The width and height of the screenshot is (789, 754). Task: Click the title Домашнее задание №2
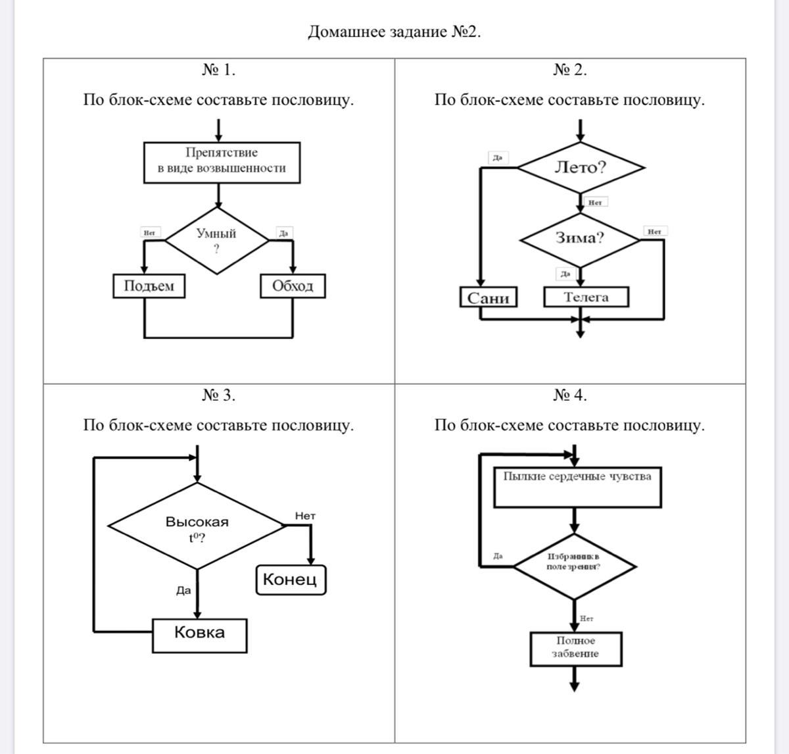[x=394, y=32]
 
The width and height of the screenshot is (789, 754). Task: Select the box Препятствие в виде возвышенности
[x=222, y=161]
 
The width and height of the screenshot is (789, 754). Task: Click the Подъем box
[x=149, y=286]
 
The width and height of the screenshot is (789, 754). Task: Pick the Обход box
[x=293, y=286]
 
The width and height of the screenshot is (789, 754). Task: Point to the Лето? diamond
[x=580, y=167]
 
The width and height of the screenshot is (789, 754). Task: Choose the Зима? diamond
[x=580, y=238]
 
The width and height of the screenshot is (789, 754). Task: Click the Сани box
[x=488, y=297]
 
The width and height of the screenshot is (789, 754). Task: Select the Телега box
[x=586, y=297]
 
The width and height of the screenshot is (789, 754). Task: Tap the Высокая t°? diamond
[x=196, y=526]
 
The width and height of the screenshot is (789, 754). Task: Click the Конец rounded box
[x=290, y=580]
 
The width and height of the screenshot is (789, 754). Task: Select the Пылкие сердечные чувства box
[x=577, y=487]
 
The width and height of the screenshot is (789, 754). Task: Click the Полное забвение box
[x=575, y=648]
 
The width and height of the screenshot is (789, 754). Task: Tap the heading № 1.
[x=218, y=70]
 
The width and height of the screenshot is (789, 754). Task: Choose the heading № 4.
[x=570, y=395]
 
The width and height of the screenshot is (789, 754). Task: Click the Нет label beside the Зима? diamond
[x=654, y=232]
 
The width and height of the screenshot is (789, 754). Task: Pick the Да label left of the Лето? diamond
[x=498, y=158]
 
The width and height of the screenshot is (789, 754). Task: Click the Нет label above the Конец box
[x=305, y=516]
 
